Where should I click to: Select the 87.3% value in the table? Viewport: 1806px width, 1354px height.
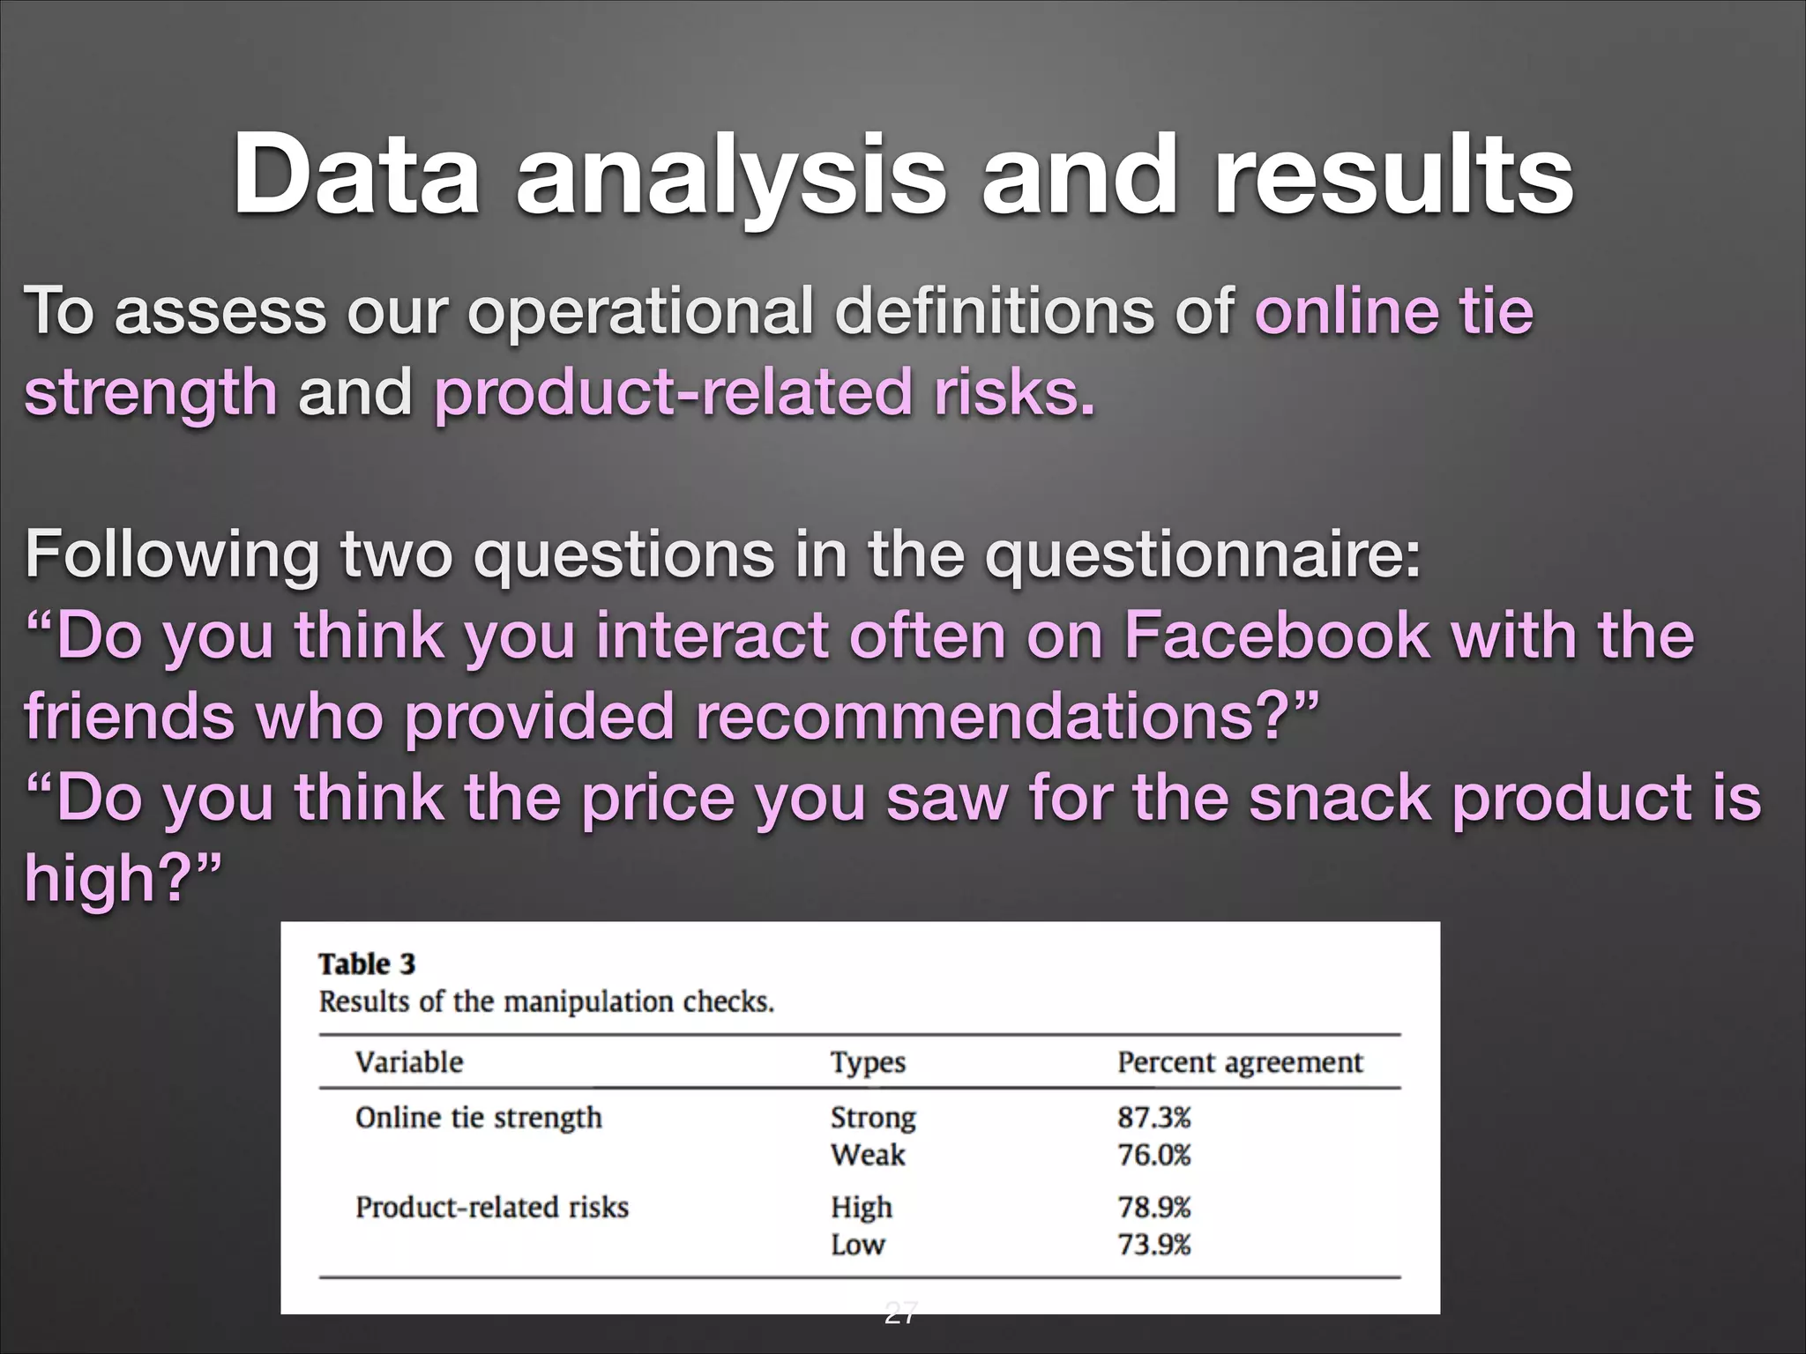pos(1153,1118)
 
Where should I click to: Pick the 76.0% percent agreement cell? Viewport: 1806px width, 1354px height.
pos(1153,1155)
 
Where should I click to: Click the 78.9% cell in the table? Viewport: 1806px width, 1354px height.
pos(1153,1207)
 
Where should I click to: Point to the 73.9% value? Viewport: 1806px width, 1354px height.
pos(1153,1245)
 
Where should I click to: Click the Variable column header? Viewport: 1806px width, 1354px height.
pos(408,1061)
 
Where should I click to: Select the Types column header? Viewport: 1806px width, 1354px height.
pos(867,1062)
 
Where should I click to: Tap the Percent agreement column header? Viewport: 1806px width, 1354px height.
pos(1239,1062)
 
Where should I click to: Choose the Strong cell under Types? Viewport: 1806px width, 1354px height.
pos(872,1118)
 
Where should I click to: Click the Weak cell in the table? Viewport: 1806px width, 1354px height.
pos(867,1155)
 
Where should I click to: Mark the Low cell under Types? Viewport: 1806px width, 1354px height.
pos(857,1245)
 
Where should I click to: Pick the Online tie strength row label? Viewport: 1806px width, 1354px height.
pos(478,1118)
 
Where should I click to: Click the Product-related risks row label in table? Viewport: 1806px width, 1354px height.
pos(491,1207)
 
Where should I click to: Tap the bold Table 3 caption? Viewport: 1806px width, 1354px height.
pos(366,963)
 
